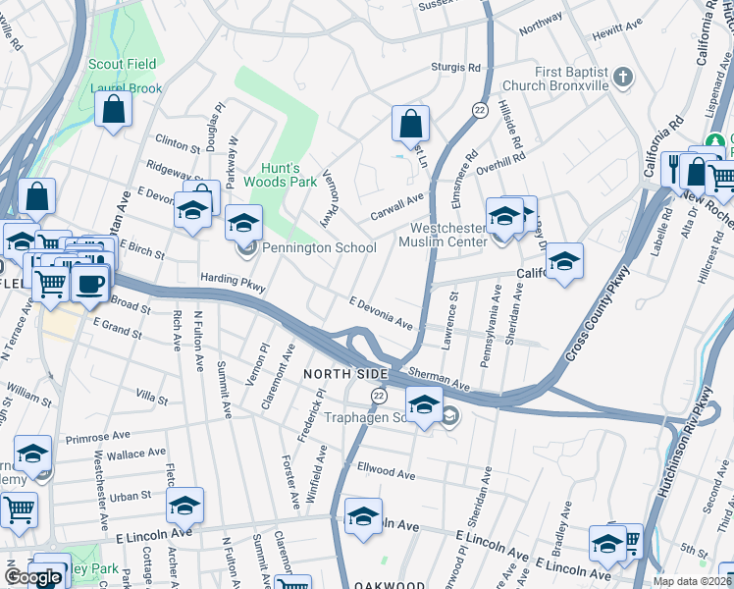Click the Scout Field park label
click(x=123, y=64)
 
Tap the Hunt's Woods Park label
click(x=281, y=173)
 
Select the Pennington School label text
click(x=307, y=247)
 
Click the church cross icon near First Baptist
click(x=622, y=77)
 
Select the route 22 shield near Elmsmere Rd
click(x=480, y=108)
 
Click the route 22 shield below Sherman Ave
click(x=378, y=395)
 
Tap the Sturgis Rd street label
click(x=457, y=68)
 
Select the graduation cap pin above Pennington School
click(x=243, y=222)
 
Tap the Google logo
click(x=33, y=578)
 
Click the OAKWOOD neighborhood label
click(x=390, y=585)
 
